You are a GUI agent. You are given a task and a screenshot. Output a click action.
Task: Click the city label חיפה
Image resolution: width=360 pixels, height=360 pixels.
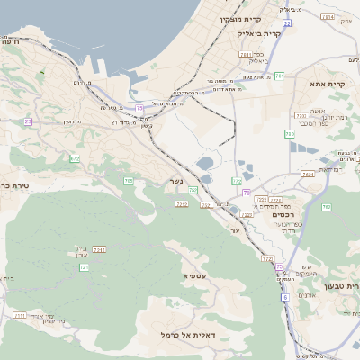pos(12,40)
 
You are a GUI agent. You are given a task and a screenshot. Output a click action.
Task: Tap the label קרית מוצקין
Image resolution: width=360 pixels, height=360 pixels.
pos(240,18)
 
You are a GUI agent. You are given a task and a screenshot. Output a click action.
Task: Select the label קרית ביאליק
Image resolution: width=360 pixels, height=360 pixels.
pos(260,33)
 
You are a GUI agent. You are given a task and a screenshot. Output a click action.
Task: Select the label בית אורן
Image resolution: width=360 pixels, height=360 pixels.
pos(81,250)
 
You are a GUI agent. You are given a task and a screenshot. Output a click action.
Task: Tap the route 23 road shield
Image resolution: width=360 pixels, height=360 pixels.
pos(28,121)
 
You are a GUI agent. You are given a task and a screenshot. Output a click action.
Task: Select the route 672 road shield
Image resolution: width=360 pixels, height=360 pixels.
pos(75,158)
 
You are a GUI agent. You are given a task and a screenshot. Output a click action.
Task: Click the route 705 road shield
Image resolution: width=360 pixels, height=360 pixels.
pos(129,181)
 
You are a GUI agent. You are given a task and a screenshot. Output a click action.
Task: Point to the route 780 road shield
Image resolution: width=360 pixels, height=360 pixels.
pos(289,134)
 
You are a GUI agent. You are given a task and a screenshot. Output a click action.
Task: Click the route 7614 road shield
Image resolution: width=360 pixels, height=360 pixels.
pos(309,174)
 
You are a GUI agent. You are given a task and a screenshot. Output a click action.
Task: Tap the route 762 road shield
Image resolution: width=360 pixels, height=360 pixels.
pos(326,206)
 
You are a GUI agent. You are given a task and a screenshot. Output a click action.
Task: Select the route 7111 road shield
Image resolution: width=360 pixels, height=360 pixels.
pos(19,315)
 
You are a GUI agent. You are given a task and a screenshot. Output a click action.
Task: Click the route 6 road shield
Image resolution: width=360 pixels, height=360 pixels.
pos(284,296)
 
